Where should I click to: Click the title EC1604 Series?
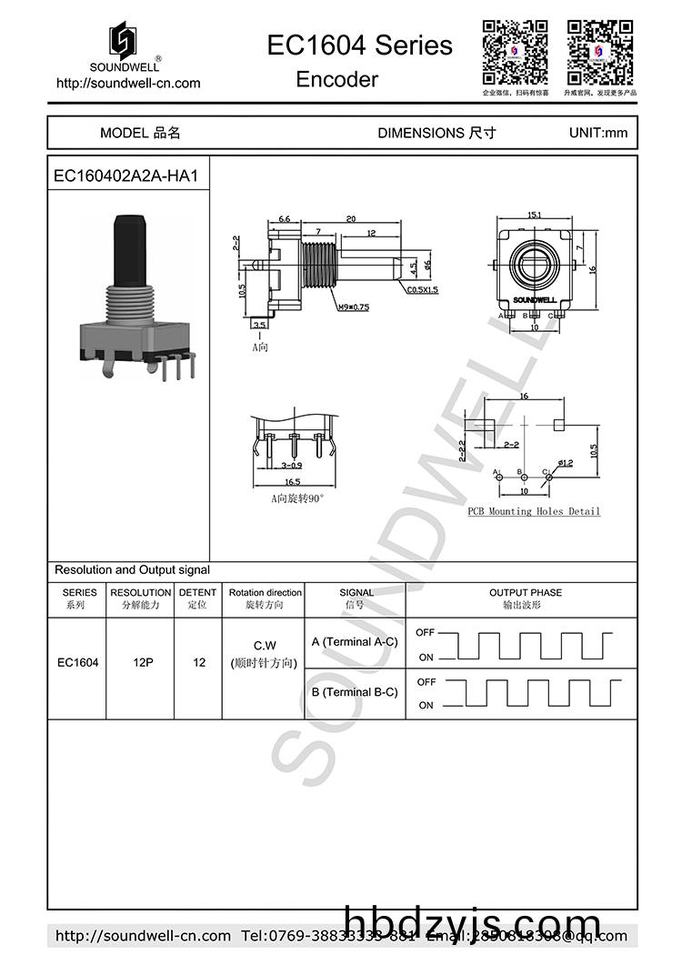pos(359,45)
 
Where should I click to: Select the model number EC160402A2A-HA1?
pos(125,176)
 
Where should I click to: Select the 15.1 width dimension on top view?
pos(534,216)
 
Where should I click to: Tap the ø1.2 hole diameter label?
pos(565,463)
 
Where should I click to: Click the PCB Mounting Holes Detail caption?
pos(534,511)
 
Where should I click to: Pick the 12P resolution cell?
pos(141,663)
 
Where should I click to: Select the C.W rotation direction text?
pos(264,645)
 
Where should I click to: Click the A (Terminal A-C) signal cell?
pos(354,642)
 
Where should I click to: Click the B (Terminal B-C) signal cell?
pos(354,692)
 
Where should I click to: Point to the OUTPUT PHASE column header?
pos(526,592)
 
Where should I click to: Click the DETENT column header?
pos(197,592)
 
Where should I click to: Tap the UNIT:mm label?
pos(597,133)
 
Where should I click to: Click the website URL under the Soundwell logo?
pos(128,83)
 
